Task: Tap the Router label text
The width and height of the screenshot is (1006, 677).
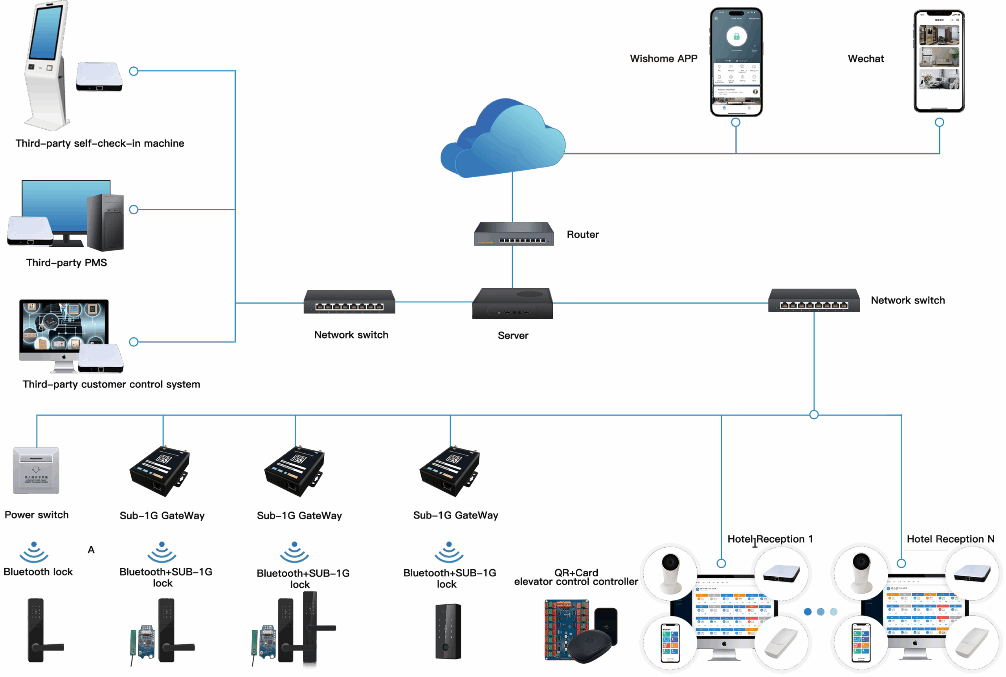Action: click(x=583, y=234)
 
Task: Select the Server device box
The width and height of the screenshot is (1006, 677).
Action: click(x=512, y=304)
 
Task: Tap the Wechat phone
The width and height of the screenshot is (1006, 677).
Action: click(x=939, y=61)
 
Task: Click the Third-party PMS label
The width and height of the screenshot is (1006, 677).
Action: click(x=66, y=263)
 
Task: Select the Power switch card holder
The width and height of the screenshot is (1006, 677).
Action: click(x=36, y=471)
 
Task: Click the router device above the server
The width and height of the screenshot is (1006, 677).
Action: click(x=514, y=234)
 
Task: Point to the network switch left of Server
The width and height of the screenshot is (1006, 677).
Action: click(x=350, y=302)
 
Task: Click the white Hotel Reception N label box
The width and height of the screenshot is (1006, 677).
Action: click(x=925, y=539)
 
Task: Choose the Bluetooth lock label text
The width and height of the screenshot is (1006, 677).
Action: click(x=38, y=572)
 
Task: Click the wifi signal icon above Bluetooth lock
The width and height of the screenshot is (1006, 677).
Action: click(x=34, y=552)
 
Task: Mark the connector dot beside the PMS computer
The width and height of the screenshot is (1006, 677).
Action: click(x=134, y=210)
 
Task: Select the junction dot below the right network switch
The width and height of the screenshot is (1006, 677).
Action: click(x=814, y=415)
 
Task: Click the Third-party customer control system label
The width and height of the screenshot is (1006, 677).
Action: click(x=111, y=384)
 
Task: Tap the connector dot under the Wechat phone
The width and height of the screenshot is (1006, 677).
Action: click(x=939, y=123)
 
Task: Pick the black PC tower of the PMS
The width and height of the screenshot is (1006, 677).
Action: click(x=105, y=223)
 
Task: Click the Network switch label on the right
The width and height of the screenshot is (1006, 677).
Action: click(x=908, y=300)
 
